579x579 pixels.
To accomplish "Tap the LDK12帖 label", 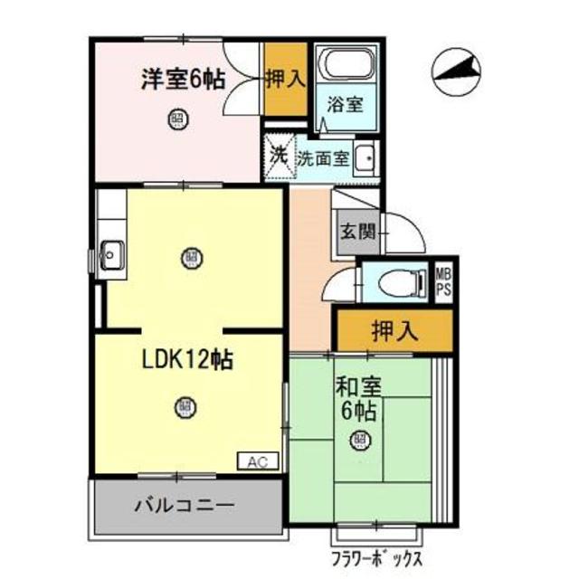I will [x=186, y=359].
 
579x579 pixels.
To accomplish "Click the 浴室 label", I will [x=346, y=102].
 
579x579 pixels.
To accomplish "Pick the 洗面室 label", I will [x=324, y=157].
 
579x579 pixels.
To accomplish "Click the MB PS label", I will [x=444, y=280].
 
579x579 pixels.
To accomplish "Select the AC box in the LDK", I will [x=257, y=460].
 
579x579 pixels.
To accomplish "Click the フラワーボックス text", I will [x=378, y=555].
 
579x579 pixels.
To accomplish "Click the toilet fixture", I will [x=399, y=282].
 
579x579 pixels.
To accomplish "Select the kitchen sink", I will [x=111, y=254].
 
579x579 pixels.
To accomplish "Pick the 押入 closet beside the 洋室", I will [x=285, y=80].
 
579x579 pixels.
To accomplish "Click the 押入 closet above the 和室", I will [x=394, y=330].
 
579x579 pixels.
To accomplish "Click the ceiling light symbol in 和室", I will [x=359, y=441].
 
